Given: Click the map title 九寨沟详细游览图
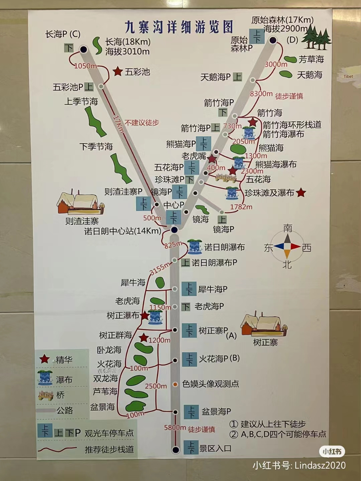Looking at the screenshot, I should [x=178, y=27].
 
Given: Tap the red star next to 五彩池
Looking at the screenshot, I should [x=118, y=71].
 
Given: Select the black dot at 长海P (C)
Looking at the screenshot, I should [x=84, y=49].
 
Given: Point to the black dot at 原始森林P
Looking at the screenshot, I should [x=273, y=40].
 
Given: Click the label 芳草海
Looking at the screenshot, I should [x=311, y=59].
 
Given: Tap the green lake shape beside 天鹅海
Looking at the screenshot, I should [x=286, y=74].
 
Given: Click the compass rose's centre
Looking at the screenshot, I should [x=287, y=247].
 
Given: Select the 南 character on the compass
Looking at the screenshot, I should [x=288, y=228].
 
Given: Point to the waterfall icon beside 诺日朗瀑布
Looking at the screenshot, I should [x=195, y=247].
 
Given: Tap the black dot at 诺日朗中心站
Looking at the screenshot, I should [x=174, y=230].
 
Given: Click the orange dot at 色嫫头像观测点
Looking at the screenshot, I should [x=175, y=384].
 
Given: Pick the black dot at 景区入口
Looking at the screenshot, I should [x=175, y=450].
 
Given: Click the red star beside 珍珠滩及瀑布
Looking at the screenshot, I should [x=301, y=192].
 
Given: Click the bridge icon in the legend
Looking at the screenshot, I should [x=46, y=395].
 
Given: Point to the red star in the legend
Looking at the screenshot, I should [x=44, y=359].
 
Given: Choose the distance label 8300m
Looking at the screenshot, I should [x=261, y=94].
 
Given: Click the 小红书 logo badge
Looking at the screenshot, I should [x=332, y=452].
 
